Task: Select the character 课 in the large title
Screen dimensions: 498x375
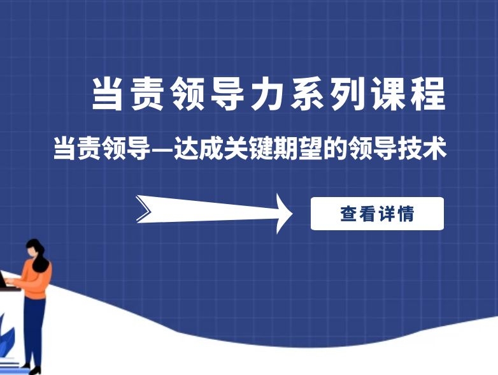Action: tap(388, 95)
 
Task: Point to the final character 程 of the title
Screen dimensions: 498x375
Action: tap(429, 95)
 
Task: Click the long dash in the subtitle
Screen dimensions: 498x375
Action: tap(162, 149)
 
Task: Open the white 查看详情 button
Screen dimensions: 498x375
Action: tap(377, 214)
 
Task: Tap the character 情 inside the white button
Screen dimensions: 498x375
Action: tap(405, 214)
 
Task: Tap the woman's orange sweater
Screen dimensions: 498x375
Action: tap(36, 281)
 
